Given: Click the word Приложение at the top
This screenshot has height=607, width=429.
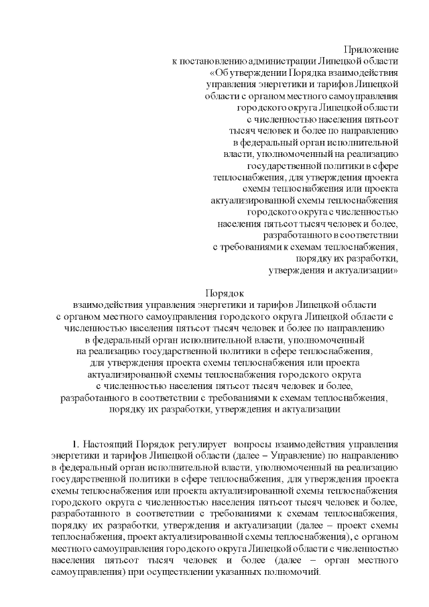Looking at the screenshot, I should [371, 50].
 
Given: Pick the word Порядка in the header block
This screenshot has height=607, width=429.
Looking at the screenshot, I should [314, 74].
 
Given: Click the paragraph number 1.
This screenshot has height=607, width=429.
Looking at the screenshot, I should [75, 445].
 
